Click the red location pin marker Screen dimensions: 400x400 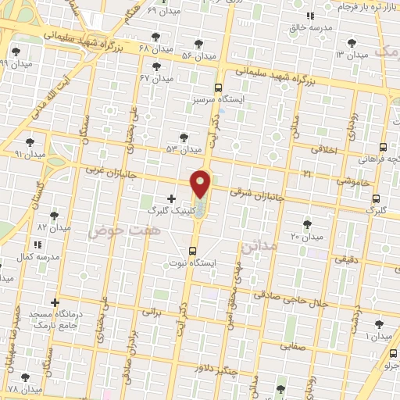point(201,184)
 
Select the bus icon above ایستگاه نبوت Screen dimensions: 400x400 point(192,250)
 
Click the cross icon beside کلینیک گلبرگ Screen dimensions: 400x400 point(172,198)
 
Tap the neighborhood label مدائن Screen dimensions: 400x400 point(260,246)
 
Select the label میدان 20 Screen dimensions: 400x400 point(307,236)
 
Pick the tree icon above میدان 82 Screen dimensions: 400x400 point(54,215)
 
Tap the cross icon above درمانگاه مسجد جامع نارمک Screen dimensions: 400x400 point(55,302)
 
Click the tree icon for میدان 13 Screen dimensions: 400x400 point(378,43)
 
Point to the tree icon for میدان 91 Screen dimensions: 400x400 point(30,141)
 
